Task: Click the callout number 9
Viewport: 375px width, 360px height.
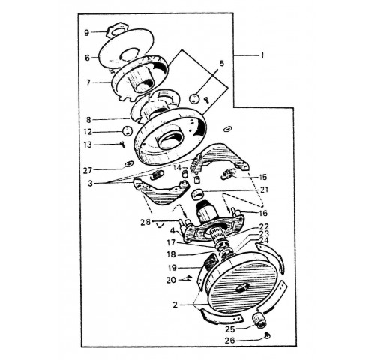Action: click(x=86, y=33)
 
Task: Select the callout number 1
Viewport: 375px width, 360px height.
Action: click(x=262, y=55)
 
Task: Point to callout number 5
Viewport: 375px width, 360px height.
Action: click(x=222, y=64)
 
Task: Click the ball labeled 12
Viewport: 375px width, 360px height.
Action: click(x=127, y=130)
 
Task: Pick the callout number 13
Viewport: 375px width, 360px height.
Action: click(x=88, y=145)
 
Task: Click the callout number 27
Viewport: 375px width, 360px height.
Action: click(x=88, y=170)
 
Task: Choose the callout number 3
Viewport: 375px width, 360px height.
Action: click(x=90, y=184)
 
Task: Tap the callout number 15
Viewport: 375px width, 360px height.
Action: click(x=263, y=177)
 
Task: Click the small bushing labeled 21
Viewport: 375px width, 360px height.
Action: click(x=196, y=194)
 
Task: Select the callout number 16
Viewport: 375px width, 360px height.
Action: click(x=263, y=213)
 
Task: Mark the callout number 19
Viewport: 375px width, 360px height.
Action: click(x=172, y=268)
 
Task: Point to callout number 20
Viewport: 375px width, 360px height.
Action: click(x=171, y=280)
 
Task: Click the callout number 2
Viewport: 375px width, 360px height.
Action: click(x=175, y=305)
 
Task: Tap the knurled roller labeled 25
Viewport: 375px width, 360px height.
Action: click(x=260, y=319)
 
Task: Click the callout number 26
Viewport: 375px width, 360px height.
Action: click(x=229, y=340)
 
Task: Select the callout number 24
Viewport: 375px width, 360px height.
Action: click(x=265, y=241)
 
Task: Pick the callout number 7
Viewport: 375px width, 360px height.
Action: click(x=88, y=82)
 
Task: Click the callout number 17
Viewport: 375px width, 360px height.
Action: click(x=172, y=242)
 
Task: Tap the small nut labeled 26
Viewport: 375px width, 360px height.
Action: click(x=268, y=334)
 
